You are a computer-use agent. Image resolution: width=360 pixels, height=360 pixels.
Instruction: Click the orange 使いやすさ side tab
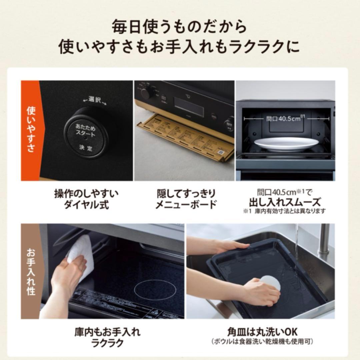(30, 130)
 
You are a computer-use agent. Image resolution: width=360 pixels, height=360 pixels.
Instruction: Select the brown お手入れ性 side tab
(30, 271)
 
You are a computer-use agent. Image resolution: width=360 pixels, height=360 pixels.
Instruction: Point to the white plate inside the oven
(286, 144)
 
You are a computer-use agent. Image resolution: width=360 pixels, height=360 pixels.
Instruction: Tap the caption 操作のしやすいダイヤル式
(86, 199)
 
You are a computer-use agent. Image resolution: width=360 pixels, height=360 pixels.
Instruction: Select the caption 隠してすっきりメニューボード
(186, 199)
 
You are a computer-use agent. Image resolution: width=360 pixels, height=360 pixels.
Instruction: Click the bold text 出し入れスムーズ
(285, 202)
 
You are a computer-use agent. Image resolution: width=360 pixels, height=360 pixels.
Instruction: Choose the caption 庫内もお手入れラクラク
(107, 337)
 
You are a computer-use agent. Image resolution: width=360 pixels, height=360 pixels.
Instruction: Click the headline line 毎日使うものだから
(180, 27)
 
